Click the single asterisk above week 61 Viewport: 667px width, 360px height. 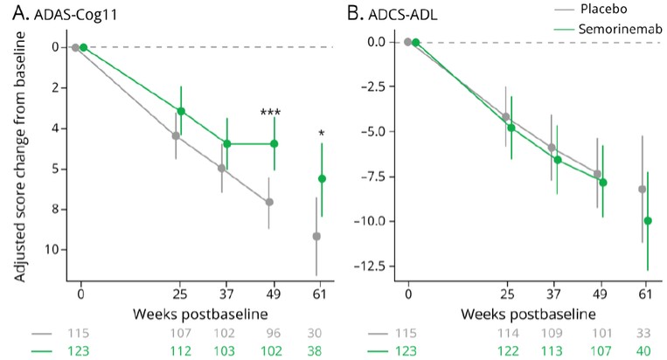pyautogui.click(x=322, y=134)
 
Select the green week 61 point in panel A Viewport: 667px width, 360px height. pyautogui.click(x=322, y=178)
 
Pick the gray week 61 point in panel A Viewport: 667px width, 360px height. pyautogui.click(x=316, y=236)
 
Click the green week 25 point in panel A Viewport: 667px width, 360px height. pyautogui.click(x=181, y=111)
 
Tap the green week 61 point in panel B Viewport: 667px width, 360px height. pyautogui.click(x=648, y=220)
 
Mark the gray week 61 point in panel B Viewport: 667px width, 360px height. pyautogui.click(x=642, y=189)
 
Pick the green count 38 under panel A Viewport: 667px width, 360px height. pyautogui.click(x=322, y=350)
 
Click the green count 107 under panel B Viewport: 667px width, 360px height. pyautogui.click(x=601, y=350)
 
